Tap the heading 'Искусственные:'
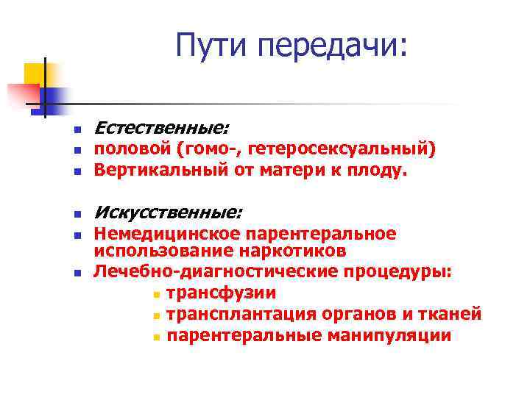[167, 213]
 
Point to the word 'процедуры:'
[397, 271]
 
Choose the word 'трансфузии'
[221, 293]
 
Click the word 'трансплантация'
[241, 314]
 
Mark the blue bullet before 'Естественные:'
[76, 130]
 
